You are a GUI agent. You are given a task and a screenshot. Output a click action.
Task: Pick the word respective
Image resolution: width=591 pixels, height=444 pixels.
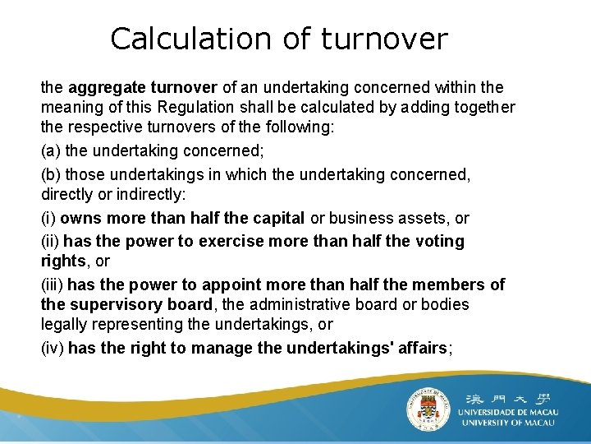click(x=101, y=128)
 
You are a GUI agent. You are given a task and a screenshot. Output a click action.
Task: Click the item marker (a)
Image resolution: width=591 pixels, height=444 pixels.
click(x=51, y=150)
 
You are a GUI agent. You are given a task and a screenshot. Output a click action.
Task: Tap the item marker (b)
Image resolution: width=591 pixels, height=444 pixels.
click(x=51, y=174)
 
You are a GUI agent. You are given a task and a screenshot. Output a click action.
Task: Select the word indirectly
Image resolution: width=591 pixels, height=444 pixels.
click(x=152, y=195)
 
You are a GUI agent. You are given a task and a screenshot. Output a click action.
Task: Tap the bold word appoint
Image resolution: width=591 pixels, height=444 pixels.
click(x=227, y=284)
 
